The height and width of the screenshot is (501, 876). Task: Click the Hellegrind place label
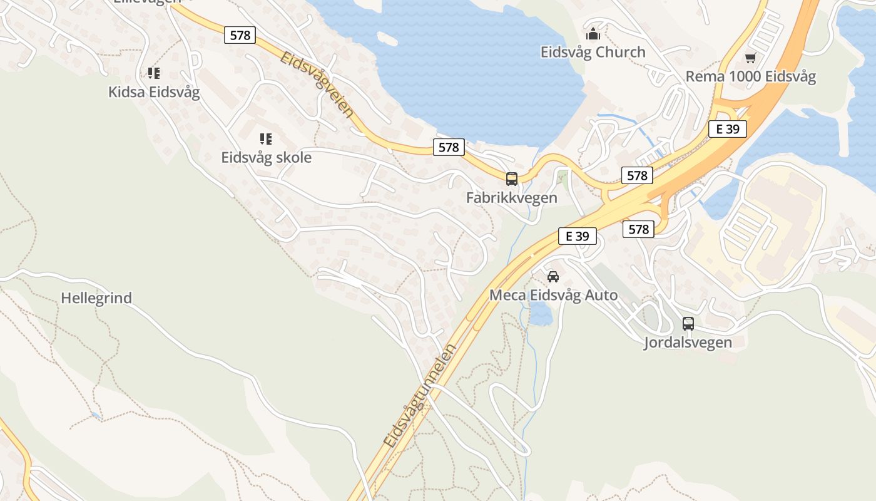(x=96, y=298)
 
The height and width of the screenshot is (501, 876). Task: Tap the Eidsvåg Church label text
(x=593, y=52)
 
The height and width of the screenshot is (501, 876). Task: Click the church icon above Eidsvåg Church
(x=593, y=33)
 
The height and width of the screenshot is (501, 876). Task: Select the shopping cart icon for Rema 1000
(x=750, y=58)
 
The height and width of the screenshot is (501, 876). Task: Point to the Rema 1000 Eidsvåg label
(x=750, y=76)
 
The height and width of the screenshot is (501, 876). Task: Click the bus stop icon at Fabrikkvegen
(x=511, y=179)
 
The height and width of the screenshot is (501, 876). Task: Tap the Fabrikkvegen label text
(x=511, y=198)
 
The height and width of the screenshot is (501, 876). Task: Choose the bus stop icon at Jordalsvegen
(x=688, y=324)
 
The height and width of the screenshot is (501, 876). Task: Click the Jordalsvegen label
(x=688, y=343)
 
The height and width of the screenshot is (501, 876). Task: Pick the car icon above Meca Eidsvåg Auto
(x=553, y=276)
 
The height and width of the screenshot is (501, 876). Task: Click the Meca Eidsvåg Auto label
(x=553, y=295)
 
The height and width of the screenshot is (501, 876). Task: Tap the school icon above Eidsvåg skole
(x=266, y=138)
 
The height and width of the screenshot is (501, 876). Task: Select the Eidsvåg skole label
(x=266, y=157)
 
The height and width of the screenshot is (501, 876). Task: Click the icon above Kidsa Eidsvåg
(x=153, y=73)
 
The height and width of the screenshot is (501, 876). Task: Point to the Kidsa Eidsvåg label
(x=154, y=92)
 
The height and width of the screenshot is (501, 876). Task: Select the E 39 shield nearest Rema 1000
(x=728, y=130)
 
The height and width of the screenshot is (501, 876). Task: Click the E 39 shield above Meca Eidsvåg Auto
(x=577, y=236)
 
